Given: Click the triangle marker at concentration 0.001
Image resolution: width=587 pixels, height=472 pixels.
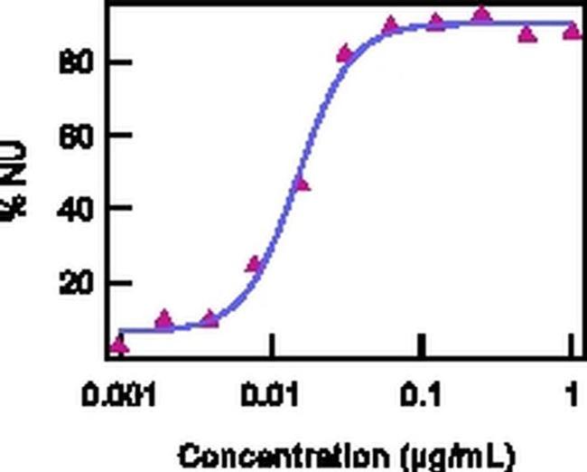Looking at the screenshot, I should tap(118, 344).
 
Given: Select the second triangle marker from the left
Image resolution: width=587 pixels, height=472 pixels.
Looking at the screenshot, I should tap(163, 318).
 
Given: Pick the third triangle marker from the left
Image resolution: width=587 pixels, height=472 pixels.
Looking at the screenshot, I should tap(210, 318).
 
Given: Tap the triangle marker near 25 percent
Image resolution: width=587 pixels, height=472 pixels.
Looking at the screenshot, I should tap(256, 264).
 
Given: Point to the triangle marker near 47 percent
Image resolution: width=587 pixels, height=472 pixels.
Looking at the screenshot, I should tap(301, 184).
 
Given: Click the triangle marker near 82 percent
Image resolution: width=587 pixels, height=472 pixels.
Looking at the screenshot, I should tap(345, 53).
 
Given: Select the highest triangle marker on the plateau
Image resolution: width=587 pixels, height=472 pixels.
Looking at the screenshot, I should tap(482, 14).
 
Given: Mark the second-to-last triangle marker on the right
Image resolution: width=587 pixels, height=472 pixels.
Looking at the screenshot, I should tap(527, 34).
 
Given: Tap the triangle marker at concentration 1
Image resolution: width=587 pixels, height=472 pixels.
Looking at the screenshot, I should tap(572, 31).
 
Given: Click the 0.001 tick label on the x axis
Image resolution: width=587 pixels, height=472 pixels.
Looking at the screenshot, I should tap(118, 395).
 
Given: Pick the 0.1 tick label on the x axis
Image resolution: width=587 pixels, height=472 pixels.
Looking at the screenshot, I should tap(422, 395).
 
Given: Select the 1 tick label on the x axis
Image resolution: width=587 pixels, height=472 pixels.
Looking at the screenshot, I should tap(572, 395).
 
